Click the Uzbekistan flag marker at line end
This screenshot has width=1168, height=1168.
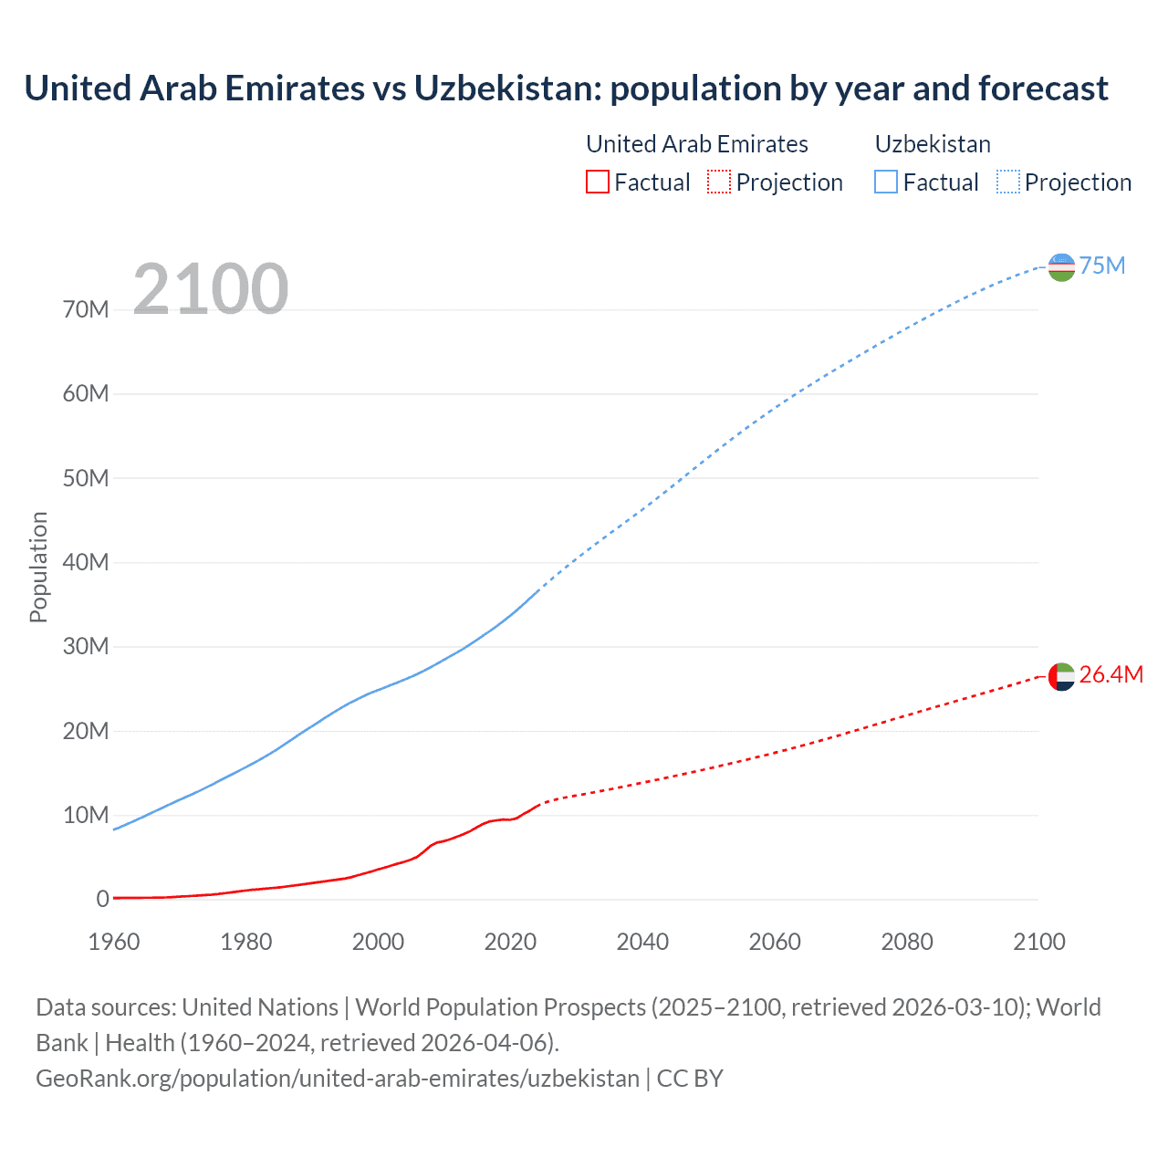coord(1061,267)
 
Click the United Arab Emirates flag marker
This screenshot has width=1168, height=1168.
coord(1061,676)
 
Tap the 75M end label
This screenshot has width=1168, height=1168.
coord(1102,266)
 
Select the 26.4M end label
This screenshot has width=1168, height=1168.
coord(1111,674)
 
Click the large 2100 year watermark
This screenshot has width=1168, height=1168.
coord(211,289)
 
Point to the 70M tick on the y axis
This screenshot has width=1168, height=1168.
coord(86,309)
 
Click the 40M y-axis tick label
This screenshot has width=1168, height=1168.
coord(86,562)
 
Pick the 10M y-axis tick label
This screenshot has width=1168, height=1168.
coord(86,815)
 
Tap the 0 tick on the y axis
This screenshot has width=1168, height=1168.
coord(102,899)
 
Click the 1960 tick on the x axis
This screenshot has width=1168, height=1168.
coord(114,942)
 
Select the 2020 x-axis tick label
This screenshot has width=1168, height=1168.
coord(510,942)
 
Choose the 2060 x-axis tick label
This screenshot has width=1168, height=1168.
coord(775,942)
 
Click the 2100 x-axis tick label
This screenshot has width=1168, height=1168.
coord(1038,942)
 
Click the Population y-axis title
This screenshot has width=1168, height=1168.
coord(38,567)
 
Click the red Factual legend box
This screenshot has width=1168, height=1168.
coord(598,182)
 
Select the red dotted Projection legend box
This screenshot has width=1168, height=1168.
coord(719,182)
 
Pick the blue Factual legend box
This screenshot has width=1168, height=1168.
coord(886,182)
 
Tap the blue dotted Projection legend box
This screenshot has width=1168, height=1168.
coord(1008,182)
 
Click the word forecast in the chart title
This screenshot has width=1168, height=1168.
coord(1043,89)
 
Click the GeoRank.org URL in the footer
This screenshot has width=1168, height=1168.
coord(338,1078)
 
